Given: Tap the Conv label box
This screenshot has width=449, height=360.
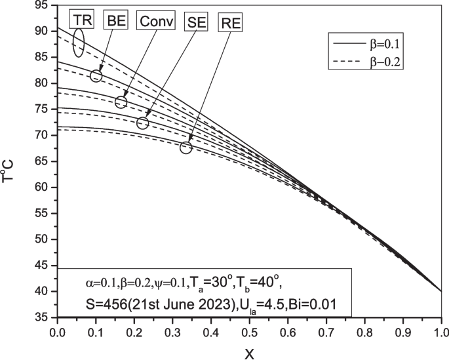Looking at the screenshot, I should click(x=157, y=21).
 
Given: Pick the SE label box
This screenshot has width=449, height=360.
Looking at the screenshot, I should click(x=195, y=22).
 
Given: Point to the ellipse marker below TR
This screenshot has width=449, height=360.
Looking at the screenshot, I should click(x=79, y=43).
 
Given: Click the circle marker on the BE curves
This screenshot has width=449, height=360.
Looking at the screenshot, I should click(x=96, y=75).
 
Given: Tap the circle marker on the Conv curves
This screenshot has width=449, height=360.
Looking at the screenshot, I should click(x=121, y=102).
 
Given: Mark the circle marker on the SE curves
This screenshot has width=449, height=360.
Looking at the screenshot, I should click(x=143, y=123).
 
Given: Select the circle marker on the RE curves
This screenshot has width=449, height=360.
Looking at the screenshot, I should click(x=185, y=148).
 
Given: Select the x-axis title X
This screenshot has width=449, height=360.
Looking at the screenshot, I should click(x=249, y=353).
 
